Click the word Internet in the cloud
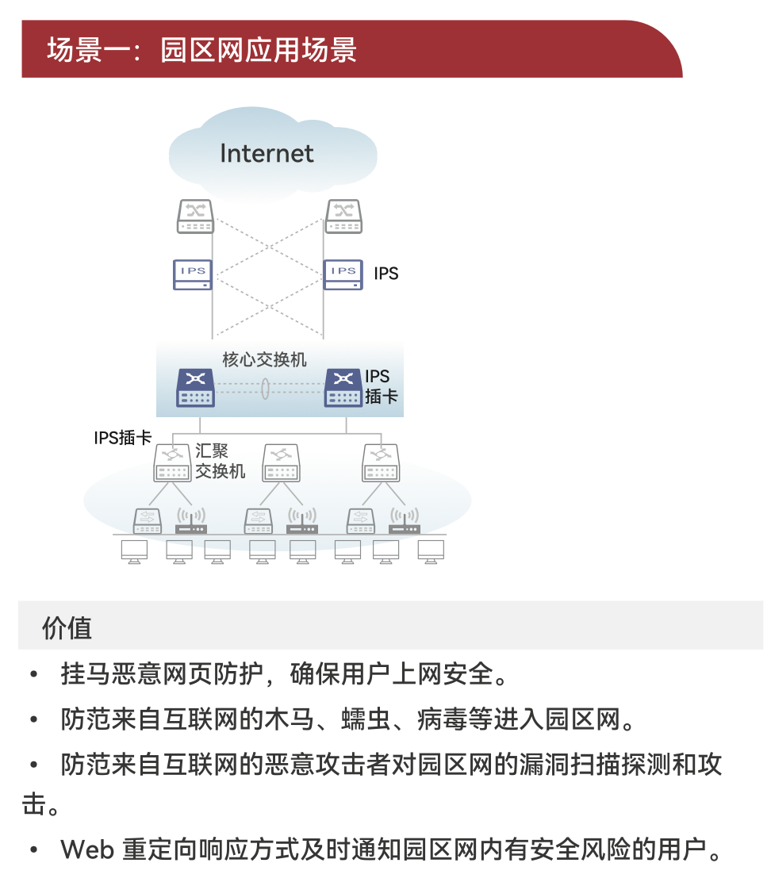tap(267, 153)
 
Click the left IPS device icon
tap(193, 274)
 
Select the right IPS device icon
tap(343, 274)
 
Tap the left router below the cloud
tap(195, 216)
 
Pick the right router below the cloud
tap(343, 216)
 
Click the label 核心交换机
tap(264, 360)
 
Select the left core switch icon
tap(195, 388)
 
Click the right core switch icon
tap(344, 388)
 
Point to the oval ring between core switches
tap(266, 389)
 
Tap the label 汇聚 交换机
tap(220, 461)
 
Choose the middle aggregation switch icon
tap(282, 462)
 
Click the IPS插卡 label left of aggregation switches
tap(123, 437)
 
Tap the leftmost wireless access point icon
tap(190, 520)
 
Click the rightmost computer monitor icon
tap(431, 551)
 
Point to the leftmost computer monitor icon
tap(134, 551)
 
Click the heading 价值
tap(67, 628)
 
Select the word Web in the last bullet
tap(86, 850)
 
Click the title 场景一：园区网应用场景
tap(201, 49)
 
